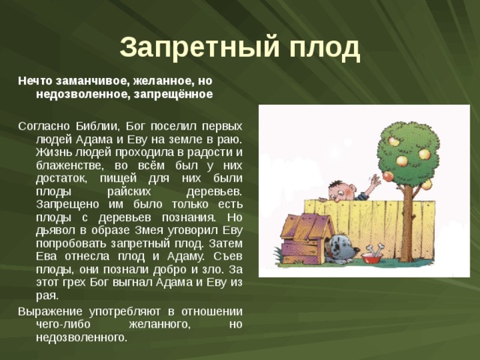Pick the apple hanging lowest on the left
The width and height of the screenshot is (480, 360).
[388, 175]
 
